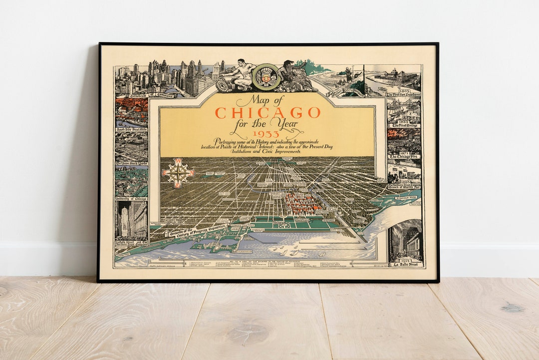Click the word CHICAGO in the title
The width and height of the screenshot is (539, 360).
click(268, 112)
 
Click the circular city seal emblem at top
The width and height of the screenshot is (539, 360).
click(266, 76)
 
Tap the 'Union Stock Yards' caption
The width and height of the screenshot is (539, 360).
click(131, 163)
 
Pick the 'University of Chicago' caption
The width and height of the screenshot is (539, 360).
click(131, 198)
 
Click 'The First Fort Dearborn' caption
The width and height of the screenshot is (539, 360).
click(404, 94)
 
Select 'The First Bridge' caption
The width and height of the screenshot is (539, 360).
click(404, 125)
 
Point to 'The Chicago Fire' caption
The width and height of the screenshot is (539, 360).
click(404, 156)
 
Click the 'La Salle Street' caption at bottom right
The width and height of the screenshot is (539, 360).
click(405, 264)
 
